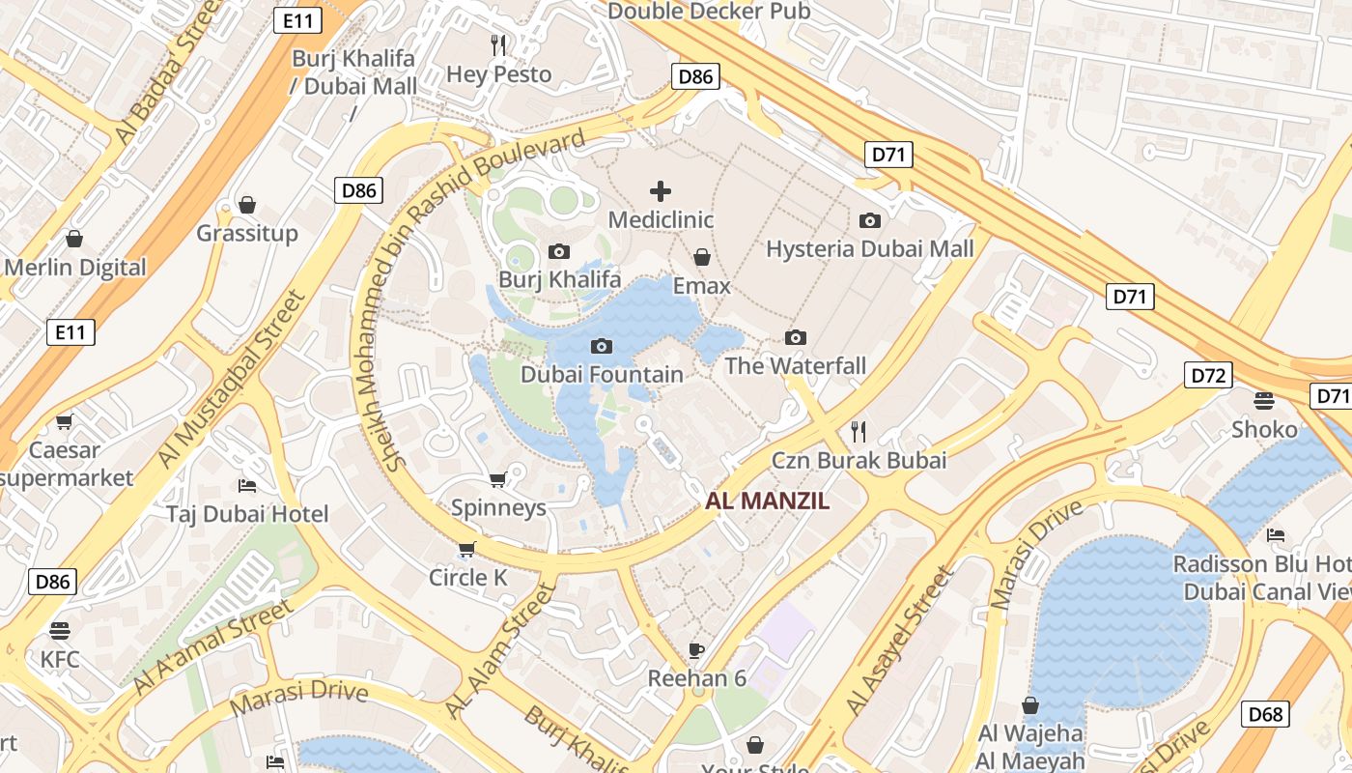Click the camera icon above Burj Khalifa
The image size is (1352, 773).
coord(558,252)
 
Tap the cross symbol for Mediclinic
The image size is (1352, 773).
coord(661,191)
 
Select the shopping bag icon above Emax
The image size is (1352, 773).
coord(702,258)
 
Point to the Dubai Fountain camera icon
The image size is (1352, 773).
coord(602,346)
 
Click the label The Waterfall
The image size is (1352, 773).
coord(795,366)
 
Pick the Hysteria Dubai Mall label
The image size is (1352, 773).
coord(869,249)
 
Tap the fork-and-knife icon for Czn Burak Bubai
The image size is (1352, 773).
coord(859,431)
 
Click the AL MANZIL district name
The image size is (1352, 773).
coord(768,501)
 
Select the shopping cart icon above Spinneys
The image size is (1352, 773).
coord(498,479)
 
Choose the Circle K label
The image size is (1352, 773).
coord(468,578)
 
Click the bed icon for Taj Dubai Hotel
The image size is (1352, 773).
coord(247,485)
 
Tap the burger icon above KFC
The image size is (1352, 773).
coord(60,631)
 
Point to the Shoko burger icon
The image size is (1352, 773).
coord(1264,400)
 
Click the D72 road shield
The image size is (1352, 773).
coord(1208,375)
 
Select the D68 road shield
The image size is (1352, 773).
coord(1265,714)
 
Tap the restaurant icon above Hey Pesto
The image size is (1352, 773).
coord(498,44)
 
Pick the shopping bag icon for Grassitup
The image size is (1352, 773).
coord(247,205)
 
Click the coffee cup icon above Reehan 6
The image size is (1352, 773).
coord(696,650)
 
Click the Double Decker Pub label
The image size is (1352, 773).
coord(709,12)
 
